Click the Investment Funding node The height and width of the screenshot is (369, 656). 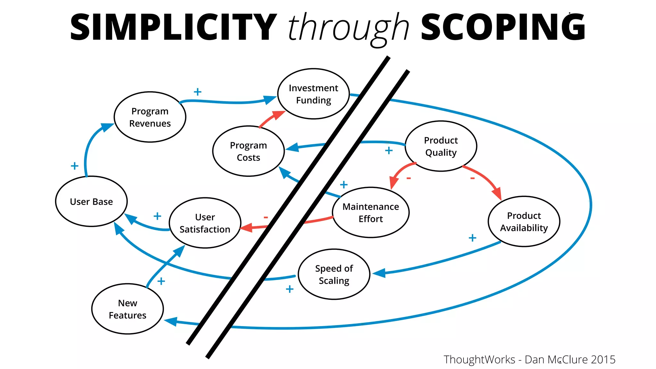point(313,94)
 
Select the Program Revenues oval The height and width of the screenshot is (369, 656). point(150,117)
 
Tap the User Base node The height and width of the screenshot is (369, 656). point(91,201)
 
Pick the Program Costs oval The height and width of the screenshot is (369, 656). point(248,151)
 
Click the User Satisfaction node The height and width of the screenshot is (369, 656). point(205,223)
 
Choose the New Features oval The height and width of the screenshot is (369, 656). point(127,309)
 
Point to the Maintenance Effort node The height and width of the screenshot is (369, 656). point(371,212)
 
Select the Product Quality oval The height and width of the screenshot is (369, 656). point(441,146)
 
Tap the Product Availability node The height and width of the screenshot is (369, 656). point(524,221)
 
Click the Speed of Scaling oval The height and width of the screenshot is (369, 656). point(334,274)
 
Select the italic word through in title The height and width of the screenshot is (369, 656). point(348,28)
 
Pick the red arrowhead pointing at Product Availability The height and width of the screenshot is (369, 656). point(497,193)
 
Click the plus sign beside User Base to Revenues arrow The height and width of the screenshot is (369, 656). point(74,166)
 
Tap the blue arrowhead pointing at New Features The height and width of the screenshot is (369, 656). point(171,321)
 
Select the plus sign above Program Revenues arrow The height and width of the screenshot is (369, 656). point(198,92)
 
